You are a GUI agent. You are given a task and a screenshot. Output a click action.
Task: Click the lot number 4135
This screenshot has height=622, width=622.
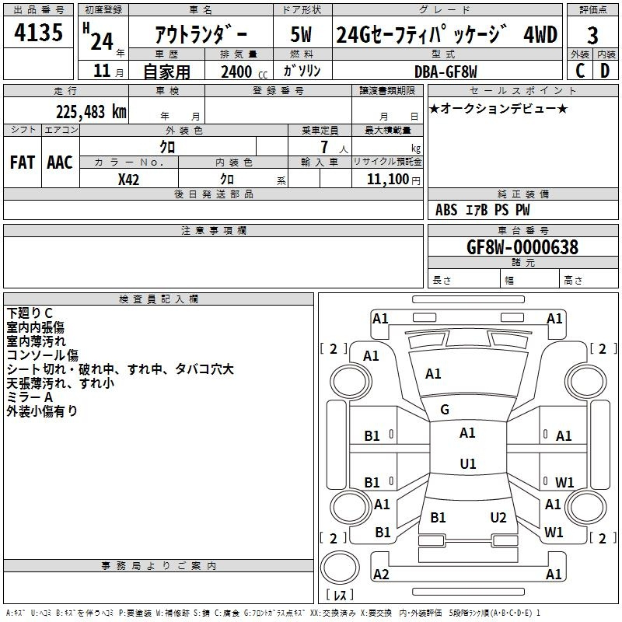[x=39, y=33]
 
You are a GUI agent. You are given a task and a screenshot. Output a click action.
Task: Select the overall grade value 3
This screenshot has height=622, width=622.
[x=592, y=35]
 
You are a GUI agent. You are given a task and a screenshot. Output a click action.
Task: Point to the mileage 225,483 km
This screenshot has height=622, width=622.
[x=91, y=111]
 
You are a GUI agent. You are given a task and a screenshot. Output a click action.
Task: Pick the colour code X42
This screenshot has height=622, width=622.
[x=129, y=178]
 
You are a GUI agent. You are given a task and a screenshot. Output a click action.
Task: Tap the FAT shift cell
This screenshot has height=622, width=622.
[x=23, y=162]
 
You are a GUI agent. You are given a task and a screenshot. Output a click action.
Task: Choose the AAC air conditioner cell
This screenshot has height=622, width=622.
[x=59, y=162]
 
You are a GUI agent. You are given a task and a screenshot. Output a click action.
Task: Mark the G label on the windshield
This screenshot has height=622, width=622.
[x=445, y=410]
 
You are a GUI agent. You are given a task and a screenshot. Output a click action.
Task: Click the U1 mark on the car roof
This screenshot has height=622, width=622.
[x=467, y=463]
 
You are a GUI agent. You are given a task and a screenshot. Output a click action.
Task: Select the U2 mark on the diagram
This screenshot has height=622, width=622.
[x=498, y=518]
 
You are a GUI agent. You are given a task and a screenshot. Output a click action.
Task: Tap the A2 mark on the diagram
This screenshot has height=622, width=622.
[x=381, y=575]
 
